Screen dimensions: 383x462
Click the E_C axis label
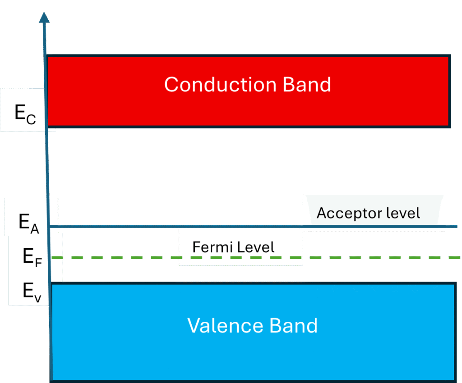[x=24, y=113]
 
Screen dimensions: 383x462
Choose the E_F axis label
[x=32, y=257]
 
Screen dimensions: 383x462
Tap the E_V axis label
[x=32, y=292]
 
